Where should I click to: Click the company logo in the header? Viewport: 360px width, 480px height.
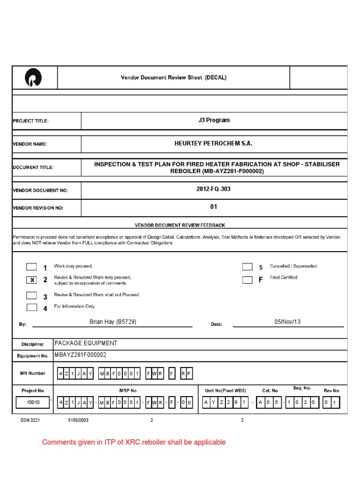pos(34,77)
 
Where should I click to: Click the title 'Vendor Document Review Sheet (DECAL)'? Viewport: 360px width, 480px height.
pos(173,78)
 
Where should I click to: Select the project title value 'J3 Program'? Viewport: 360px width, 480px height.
pos(214,120)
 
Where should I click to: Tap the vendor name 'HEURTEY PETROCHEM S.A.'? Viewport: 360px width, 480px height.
pos(214,144)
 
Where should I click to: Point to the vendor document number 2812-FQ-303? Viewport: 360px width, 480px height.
pos(214,189)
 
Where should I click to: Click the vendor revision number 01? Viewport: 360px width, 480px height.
pos(214,207)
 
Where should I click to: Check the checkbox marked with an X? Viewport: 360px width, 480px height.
pos(31,280)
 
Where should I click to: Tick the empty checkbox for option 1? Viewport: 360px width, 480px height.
pos(31,267)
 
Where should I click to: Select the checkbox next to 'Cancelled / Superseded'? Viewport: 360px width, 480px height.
pos(247,267)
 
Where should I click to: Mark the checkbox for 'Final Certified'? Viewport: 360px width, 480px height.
pos(247,280)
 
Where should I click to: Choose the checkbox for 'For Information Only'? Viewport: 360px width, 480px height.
pos(31,307)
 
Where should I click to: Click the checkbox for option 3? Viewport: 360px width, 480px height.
pos(31,295)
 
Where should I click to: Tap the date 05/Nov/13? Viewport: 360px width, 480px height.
pos(288,322)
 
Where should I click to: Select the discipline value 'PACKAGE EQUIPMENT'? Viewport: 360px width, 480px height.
pos(86,344)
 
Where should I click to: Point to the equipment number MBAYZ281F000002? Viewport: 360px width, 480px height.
pos(81,355)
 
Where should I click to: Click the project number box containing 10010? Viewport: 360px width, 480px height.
pos(33,403)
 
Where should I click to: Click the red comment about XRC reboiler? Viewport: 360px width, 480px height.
pos(134,442)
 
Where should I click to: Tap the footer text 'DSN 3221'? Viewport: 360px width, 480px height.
pos(30,420)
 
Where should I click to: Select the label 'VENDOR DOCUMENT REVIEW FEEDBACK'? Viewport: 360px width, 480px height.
pos(180,225)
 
